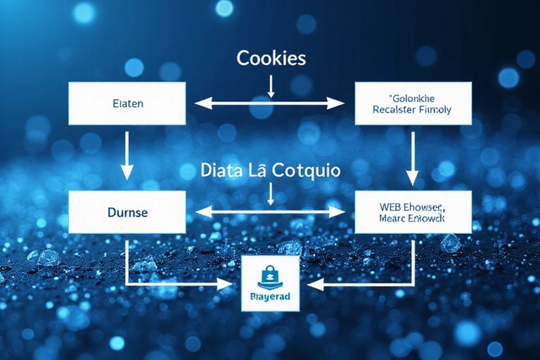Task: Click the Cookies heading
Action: click(271, 58)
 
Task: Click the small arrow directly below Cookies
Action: click(271, 85)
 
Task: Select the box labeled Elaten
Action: click(127, 103)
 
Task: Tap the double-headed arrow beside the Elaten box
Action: click(270, 103)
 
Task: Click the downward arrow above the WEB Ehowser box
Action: click(413, 158)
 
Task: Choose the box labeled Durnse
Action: click(127, 211)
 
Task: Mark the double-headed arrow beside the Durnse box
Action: click(270, 210)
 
